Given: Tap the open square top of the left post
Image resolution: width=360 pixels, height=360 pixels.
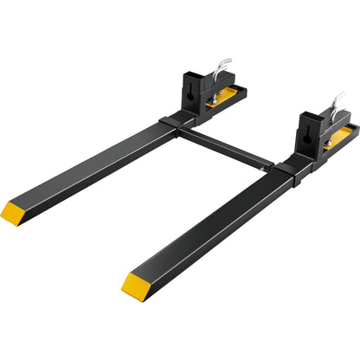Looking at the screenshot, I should [191, 71].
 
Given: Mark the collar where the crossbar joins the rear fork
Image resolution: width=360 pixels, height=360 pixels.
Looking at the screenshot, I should [170, 122].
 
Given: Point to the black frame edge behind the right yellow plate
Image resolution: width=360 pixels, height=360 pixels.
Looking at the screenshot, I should [350, 130].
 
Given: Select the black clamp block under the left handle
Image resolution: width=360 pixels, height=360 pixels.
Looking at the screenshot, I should [215, 85].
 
